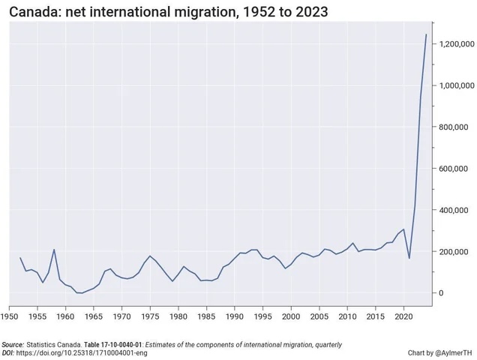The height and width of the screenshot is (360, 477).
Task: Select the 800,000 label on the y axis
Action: point(455,127)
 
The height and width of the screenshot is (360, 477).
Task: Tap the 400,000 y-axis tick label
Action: point(455,210)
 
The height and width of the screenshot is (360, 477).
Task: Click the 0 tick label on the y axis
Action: point(442,292)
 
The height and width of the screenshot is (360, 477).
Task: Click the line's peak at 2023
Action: point(426,34)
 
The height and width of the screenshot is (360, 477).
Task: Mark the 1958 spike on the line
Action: point(54,250)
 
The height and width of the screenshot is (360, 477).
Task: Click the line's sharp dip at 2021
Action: point(409,259)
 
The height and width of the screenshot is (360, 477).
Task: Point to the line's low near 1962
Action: point(78,293)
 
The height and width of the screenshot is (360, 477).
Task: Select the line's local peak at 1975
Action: point(150,256)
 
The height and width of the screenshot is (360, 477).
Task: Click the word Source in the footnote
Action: point(13,344)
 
